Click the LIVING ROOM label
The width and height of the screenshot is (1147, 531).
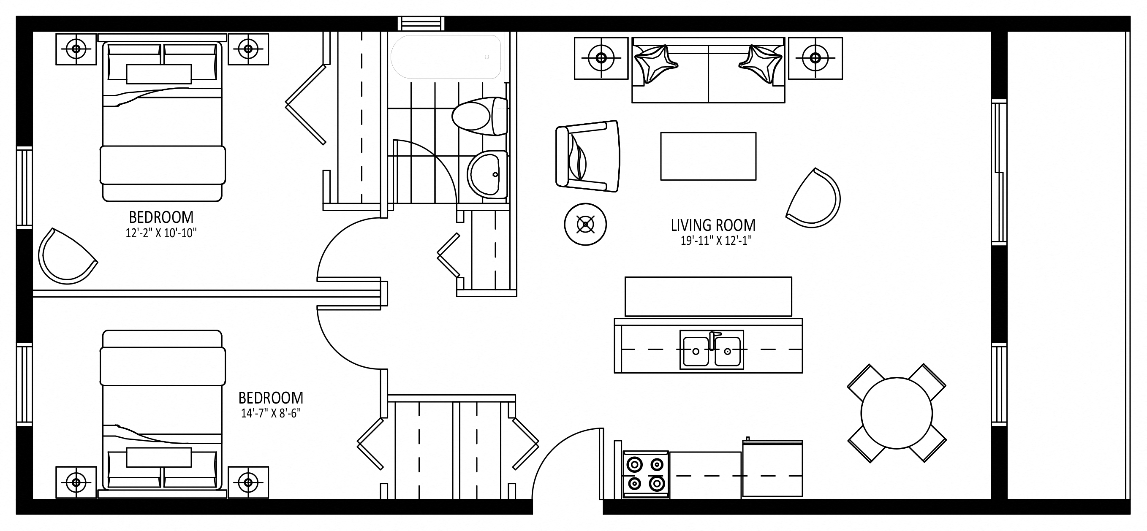click(713, 225)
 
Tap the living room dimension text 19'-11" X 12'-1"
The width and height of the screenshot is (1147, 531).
click(716, 241)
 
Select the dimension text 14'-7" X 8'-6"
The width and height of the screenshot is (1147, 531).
click(271, 413)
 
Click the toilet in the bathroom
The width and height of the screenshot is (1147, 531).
click(480, 116)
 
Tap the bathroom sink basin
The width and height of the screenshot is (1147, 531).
click(487, 174)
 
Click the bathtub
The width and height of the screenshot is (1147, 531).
click(446, 57)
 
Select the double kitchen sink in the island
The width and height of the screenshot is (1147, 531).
click(712, 350)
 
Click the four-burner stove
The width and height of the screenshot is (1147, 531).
click(645, 474)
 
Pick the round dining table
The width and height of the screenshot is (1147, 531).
click(896, 414)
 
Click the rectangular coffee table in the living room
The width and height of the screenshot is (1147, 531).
click(708, 156)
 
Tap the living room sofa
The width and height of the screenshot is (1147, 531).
click(708, 70)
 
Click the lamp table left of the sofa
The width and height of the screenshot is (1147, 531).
click(601, 58)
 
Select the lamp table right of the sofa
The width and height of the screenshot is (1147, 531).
click(815, 58)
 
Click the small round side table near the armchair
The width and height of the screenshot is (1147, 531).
click(585, 224)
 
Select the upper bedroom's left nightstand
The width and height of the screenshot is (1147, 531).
click(76, 49)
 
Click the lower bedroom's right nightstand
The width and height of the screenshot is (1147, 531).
click(248, 482)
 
